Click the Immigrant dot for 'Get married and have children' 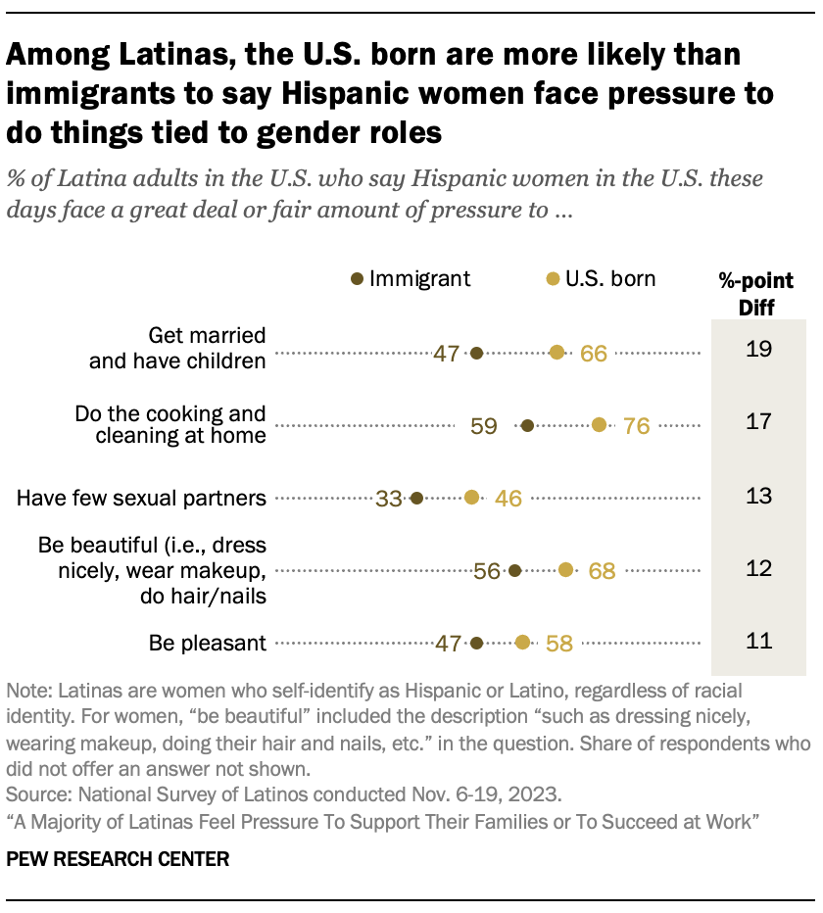[477, 353]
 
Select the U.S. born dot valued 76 [600, 425]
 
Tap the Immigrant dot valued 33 [416, 498]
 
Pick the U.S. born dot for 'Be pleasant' [522, 643]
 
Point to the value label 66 [594, 354]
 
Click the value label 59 [484, 426]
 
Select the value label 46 [508, 499]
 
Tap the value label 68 [601, 571]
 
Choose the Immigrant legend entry [411, 279]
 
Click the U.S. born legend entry [602, 279]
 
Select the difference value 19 [759, 348]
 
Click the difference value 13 [759, 496]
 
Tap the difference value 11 [759, 642]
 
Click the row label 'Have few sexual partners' [141, 499]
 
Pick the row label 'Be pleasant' [208, 644]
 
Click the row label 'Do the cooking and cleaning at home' [170, 425]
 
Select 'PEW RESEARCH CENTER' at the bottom [118, 859]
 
